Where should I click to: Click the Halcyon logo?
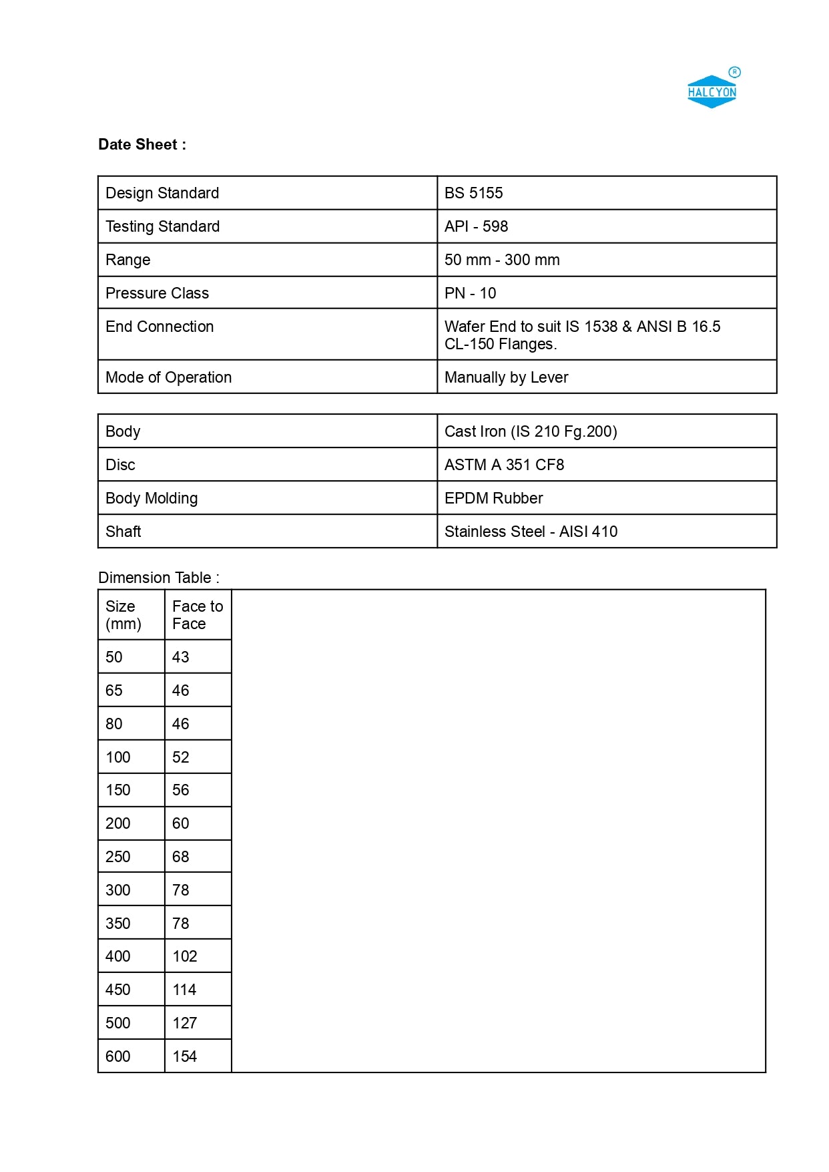click(x=712, y=91)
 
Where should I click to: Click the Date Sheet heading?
click(x=142, y=144)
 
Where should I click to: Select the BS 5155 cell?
click(x=473, y=193)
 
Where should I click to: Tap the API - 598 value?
click(x=476, y=226)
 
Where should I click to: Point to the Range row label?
click(x=128, y=260)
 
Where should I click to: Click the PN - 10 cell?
click(x=470, y=293)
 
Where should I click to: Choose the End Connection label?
click(x=160, y=327)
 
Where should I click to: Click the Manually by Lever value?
click(x=506, y=377)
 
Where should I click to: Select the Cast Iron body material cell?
click(x=531, y=431)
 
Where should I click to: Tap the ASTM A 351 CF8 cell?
click(x=504, y=465)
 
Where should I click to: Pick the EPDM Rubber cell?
click(x=493, y=498)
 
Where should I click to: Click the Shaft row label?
click(x=123, y=532)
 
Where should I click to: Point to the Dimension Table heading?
click(x=159, y=578)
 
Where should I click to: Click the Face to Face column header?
click(x=198, y=615)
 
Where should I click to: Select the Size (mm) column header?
click(x=123, y=615)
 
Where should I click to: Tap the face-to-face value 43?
click(x=181, y=657)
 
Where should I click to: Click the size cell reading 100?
click(x=118, y=757)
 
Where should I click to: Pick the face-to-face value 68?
click(x=181, y=857)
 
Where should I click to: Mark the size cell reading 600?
click(x=118, y=1056)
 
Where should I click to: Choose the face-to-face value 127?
click(x=185, y=1023)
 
